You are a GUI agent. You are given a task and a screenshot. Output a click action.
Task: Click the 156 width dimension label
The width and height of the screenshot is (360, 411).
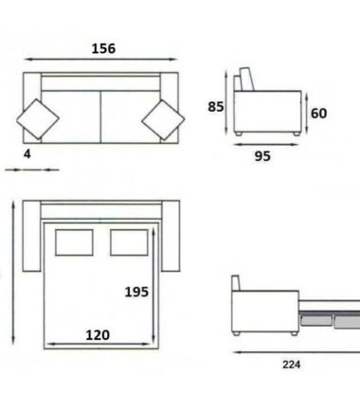[x=103, y=49]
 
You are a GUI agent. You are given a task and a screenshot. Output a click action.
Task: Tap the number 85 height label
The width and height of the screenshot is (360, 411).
[x=216, y=107]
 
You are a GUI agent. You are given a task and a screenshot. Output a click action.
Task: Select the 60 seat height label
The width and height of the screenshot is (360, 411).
[x=318, y=114]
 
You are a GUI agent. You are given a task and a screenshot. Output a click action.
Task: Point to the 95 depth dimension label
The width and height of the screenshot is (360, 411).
[x=262, y=156]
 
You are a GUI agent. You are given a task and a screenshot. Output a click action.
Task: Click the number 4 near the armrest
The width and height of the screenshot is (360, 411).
[x=27, y=154]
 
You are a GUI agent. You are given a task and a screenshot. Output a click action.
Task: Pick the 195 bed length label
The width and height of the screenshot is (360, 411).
[x=136, y=292]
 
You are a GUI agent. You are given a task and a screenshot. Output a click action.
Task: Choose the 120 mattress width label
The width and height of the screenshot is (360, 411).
[x=98, y=335]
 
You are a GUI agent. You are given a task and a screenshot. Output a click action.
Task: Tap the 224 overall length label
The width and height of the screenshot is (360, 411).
[x=291, y=365]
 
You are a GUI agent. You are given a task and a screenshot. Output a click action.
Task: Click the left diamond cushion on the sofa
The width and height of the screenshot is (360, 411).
[x=38, y=119]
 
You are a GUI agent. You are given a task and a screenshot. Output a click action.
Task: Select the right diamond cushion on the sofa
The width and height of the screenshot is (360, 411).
[x=163, y=120]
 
